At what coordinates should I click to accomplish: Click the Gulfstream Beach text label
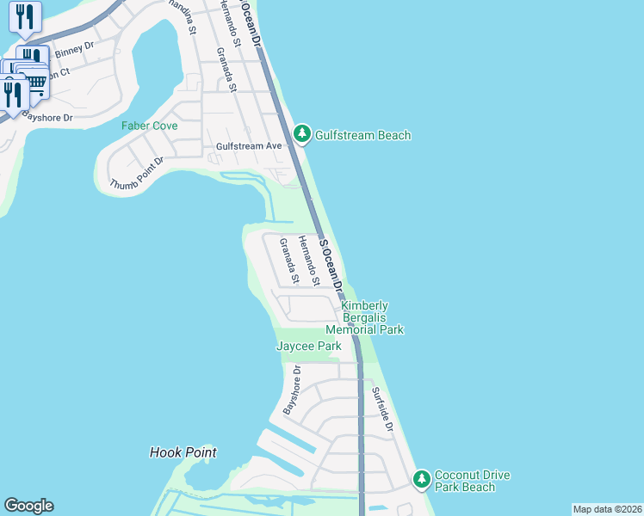362,135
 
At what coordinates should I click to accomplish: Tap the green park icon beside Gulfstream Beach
301,134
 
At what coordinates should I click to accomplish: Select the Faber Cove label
149,126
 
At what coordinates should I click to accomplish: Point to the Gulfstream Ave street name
249,146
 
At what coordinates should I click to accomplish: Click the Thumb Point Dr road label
136,175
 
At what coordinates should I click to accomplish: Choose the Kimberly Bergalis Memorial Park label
364,317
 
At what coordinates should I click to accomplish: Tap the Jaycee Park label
308,347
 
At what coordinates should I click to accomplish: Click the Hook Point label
183,452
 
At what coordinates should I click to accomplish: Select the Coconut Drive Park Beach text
472,481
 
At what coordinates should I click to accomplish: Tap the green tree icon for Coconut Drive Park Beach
421,479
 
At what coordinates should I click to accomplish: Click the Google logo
28,506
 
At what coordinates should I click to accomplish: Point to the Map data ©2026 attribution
607,509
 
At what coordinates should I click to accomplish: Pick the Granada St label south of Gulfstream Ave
288,261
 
